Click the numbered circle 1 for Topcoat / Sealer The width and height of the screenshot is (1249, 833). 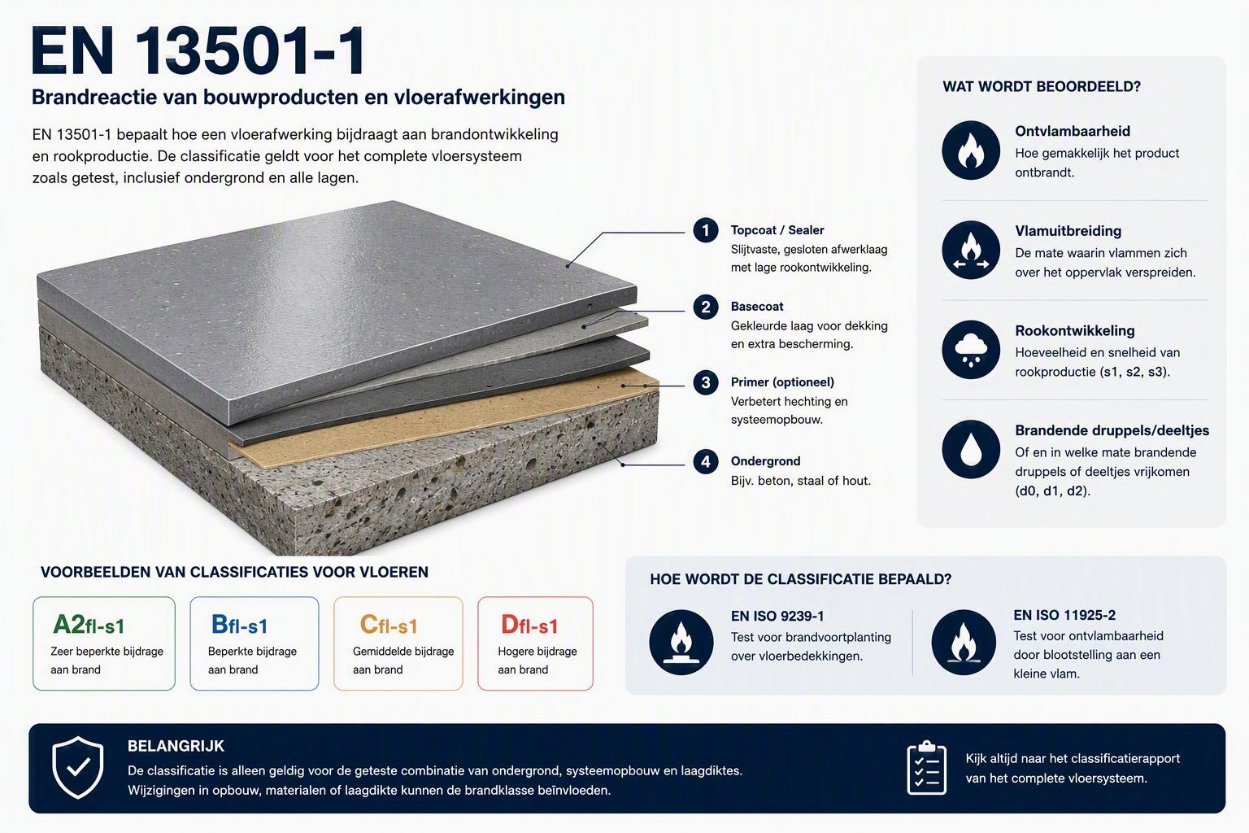click(705, 230)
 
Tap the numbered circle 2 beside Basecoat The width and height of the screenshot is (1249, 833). click(705, 307)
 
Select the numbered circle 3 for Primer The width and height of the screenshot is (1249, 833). click(705, 383)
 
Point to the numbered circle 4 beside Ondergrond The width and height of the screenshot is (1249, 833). click(705, 461)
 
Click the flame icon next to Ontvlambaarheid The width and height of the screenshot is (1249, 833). click(971, 150)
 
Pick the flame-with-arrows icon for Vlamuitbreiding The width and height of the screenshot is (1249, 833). click(971, 250)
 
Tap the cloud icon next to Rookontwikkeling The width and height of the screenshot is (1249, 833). click(971, 350)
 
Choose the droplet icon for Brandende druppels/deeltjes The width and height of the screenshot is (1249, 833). click(971, 449)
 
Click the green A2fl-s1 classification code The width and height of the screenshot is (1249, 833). click(89, 625)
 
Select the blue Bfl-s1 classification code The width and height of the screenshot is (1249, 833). click(239, 625)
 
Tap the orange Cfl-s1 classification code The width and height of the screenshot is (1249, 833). click(389, 625)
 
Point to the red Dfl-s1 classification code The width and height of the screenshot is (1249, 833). click(529, 625)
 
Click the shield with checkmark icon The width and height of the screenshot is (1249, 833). click(77, 767)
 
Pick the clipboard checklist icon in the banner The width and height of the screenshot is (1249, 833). click(927, 768)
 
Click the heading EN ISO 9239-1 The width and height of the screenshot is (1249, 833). click(777, 616)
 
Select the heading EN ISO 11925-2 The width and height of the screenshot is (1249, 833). click(1064, 615)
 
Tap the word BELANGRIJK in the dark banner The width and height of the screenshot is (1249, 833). click(176, 746)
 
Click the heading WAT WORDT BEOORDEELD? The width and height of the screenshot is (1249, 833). click(1042, 86)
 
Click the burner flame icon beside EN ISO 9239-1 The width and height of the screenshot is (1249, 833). click(681, 642)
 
